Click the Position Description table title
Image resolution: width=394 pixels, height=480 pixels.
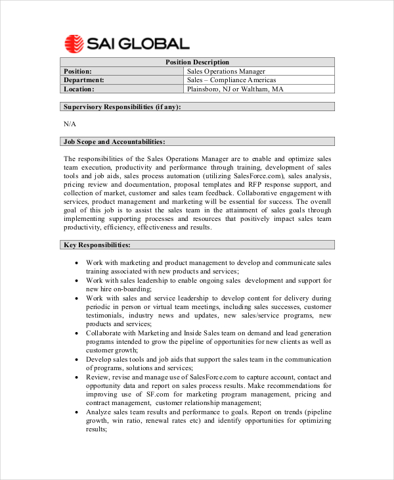tap(197, 62)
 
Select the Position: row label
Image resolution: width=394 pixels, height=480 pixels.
tap(77, 71)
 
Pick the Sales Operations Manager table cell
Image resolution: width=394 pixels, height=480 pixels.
tap(226, 71)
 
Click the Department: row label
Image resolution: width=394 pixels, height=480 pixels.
tap(83, 80)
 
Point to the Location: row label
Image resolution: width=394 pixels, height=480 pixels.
tap(79, 89)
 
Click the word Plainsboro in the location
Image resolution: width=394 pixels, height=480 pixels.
tap(206, 89)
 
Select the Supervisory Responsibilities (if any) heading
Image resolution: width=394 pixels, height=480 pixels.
tap(122, 107)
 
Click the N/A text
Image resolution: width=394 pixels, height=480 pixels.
tap(70, 124)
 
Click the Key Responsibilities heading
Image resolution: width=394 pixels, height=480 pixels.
tap(97, 245)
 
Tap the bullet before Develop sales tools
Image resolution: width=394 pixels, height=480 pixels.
tap(77, 359)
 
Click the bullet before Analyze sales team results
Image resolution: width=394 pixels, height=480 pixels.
tap(77, 412)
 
